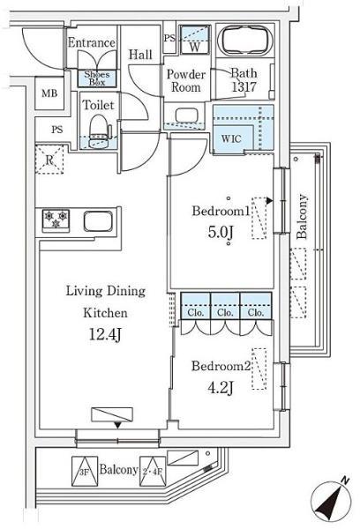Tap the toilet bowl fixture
[99, 130]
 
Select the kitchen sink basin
[98, 221]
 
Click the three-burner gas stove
[56, 220]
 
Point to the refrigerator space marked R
[49, 160]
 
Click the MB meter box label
[49, 93]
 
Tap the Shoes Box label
[97, 78]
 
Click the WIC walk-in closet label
[231, 138]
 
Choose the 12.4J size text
[105, 335]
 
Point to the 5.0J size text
[221, 232]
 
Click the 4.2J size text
[221, 388]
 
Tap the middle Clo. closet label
[225, 312]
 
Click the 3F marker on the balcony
[85, 472]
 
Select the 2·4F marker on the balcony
[153, 472]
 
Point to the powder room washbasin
[186, 115]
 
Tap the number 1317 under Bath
[244, 87]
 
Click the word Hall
[140, 55]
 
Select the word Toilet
[99, 105]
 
